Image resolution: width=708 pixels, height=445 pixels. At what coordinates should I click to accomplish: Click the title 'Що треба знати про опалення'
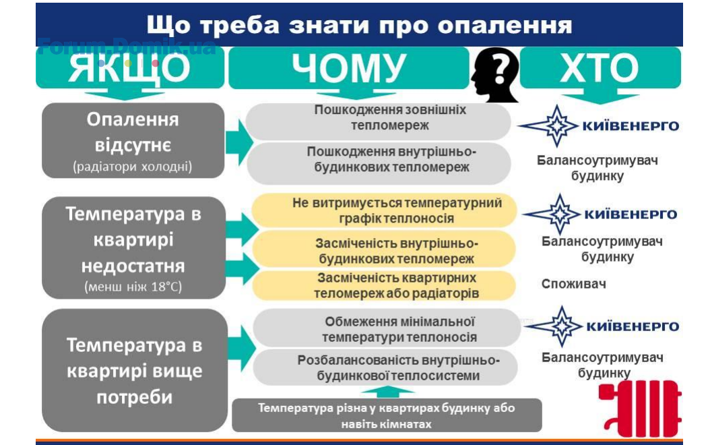point(359,25)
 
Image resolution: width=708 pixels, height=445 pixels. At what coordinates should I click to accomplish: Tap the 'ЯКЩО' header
point(129,68)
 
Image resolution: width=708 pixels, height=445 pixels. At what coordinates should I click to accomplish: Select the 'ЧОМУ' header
point(348,68)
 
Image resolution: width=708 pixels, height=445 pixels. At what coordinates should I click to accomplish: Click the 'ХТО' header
point(600,68)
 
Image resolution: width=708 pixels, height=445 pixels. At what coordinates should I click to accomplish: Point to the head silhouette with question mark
point(495,75)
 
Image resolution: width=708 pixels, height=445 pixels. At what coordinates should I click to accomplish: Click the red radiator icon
point(640,409)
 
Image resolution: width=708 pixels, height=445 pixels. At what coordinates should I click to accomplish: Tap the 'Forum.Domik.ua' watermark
point(127,47)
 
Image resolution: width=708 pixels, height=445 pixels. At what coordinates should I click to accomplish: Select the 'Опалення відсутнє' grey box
point(133,140)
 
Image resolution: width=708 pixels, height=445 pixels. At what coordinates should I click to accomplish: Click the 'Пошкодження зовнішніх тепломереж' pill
point(379,121)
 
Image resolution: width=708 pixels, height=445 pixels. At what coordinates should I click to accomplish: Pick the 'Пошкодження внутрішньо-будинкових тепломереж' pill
point(379,163)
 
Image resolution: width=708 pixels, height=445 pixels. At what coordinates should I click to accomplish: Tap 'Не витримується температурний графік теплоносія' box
point(384,210)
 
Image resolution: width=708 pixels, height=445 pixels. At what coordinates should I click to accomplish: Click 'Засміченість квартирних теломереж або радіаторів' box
point(384,285)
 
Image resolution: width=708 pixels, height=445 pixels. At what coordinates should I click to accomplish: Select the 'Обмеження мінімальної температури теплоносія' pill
point(387,328)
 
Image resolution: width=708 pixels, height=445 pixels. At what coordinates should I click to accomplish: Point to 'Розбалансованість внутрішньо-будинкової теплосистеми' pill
point(385,367)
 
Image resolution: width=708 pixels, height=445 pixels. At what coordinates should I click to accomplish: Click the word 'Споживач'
point(573,284)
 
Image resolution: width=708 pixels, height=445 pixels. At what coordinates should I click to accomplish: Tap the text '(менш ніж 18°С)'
point(133,287)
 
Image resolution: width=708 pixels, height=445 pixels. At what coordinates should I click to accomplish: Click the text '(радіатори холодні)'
point(133,167)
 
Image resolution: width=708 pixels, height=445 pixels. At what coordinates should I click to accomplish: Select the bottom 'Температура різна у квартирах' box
point(387,415)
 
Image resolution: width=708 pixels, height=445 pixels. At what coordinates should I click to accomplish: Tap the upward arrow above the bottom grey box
point(387,391)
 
